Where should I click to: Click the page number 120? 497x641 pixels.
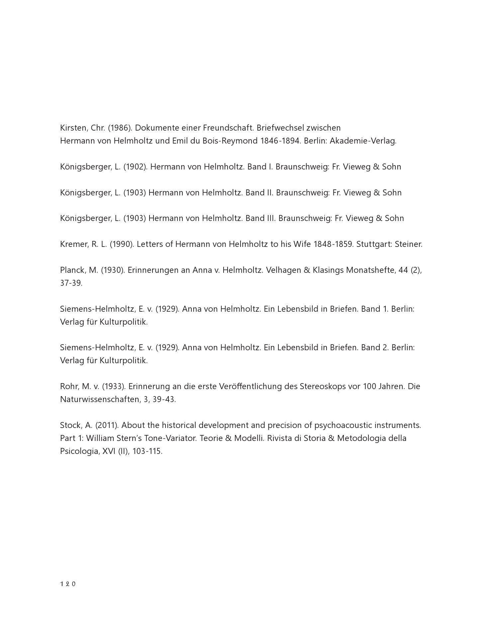pos(68,584)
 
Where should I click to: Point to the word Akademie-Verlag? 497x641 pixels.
pos(363,141)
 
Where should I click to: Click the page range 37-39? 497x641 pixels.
pos(71,283)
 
